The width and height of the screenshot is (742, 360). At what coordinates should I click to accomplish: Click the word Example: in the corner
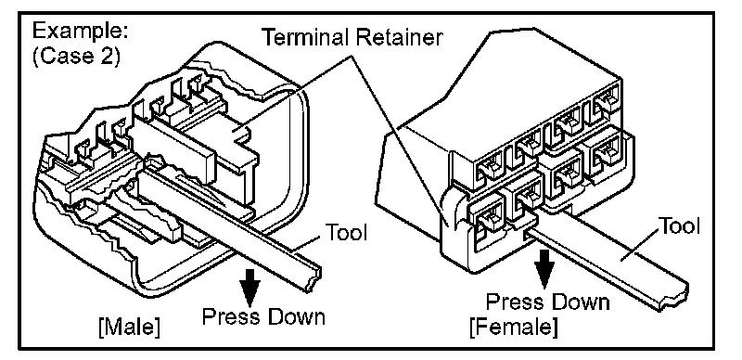pos(80,32)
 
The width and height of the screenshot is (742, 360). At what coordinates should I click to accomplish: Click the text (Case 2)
pos(76,56)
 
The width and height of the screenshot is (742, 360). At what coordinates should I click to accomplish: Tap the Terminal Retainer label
pos(352,37)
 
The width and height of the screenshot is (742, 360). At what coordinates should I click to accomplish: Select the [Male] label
pos(129,328)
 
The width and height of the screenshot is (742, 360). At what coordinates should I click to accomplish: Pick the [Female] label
pos(513,327)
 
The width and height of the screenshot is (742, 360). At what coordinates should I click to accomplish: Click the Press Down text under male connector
pos(263,316)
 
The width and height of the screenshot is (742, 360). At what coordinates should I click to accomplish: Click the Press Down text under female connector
pos(548,302)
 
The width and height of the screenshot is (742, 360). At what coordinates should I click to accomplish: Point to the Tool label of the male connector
pos(346,233)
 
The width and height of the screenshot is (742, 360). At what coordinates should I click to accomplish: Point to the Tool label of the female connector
pos(679,226)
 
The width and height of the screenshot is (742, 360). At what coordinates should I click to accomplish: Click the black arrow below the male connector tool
pos(249,289)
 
